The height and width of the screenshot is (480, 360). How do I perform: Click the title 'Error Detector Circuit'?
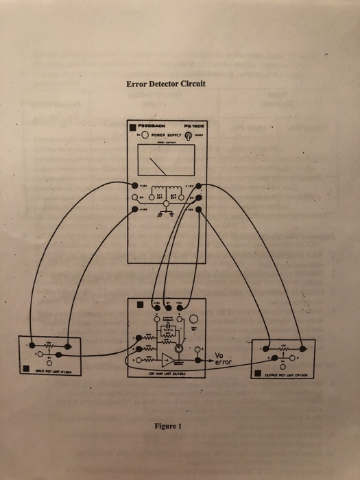point(166,85)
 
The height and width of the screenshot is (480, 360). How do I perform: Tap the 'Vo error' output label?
point(224,358)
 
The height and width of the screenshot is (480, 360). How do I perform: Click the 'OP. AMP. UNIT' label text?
point(168,374)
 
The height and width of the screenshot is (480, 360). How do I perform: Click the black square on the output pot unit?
point(259,373)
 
